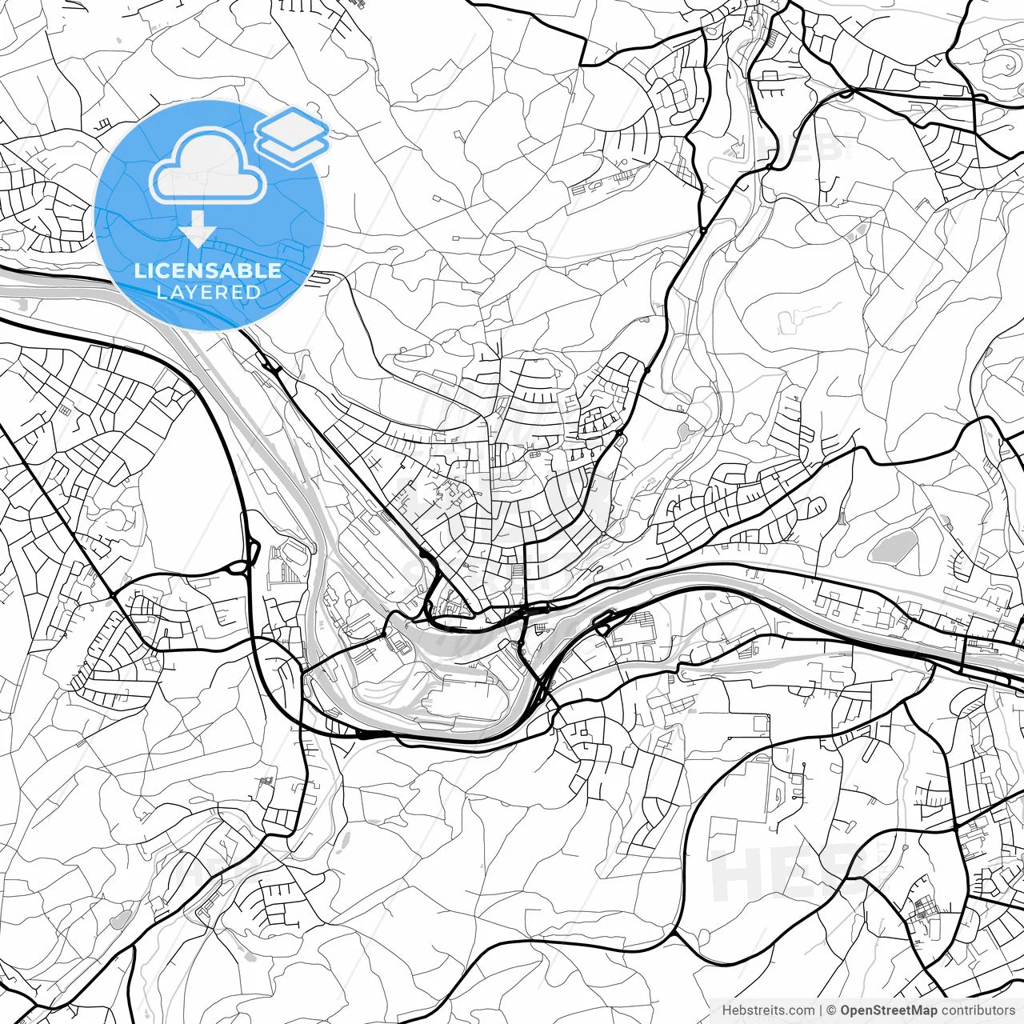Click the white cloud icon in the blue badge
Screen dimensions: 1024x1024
(208, 168)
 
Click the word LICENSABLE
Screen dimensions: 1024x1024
(208, 270)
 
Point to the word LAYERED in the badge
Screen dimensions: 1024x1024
(208, 293)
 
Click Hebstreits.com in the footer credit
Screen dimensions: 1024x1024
(768, 1010)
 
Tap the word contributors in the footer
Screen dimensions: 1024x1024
(978, 1010)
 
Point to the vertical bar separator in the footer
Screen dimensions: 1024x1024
(822, 1010)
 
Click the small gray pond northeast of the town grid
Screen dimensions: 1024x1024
(686, 432)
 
